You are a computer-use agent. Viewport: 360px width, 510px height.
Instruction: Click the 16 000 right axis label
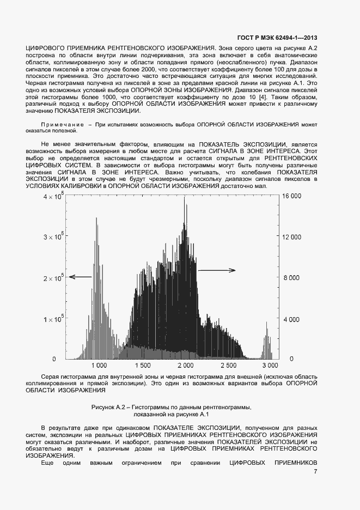[289, 197]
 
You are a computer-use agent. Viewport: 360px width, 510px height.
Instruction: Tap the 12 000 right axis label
[289, 237]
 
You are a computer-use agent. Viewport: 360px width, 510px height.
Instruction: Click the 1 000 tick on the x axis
[100, 366]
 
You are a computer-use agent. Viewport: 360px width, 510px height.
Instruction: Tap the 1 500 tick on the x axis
[142, 366]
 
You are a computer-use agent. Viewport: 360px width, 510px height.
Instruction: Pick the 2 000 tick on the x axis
[185, 366]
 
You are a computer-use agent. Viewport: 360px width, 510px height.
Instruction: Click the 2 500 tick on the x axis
[228, 366]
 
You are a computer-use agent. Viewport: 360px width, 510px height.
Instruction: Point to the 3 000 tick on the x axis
[270, 366]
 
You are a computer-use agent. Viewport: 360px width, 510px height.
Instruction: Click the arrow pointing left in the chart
[80, 277]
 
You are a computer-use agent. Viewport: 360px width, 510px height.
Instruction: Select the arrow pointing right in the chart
[216, 270]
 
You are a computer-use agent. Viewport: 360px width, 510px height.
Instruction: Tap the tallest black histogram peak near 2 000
[185, 199]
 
